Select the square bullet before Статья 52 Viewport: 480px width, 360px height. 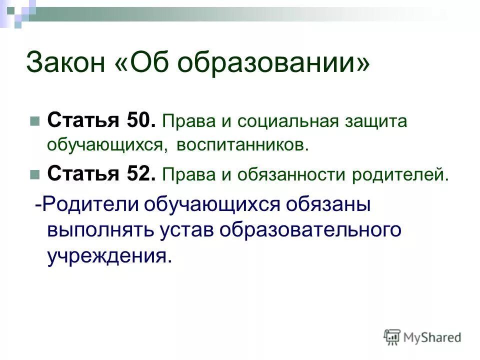(34, 175)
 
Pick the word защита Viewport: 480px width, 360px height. (376, 122)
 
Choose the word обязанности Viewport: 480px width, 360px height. (293, 175)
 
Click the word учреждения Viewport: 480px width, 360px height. (109, 255)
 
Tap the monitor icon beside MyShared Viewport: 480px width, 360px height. (392, 337)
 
